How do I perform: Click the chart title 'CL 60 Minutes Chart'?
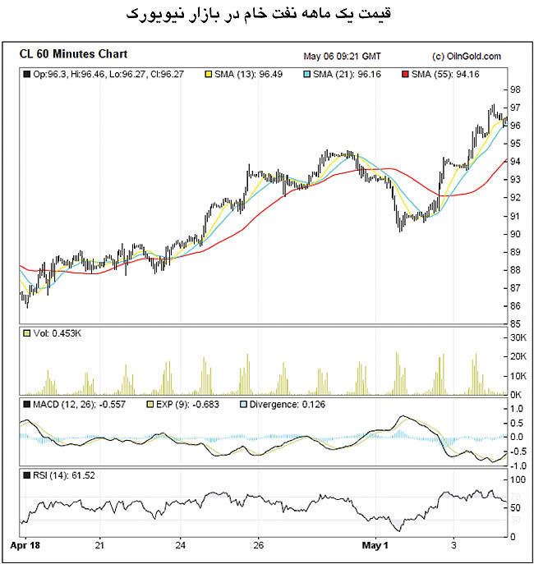[x=73, y=55]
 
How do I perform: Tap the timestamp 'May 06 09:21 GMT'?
[x=342, y=57]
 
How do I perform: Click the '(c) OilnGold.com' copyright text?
[x=466, y=57]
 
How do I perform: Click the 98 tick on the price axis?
[x=514, y=89]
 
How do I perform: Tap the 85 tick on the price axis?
[x=514, y=323]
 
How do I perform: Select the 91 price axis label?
[x=514, y=216]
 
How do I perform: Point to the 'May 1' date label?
[x=375, y=544]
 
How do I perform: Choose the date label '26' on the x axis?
[x=257, y=544]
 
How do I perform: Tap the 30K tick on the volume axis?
[x=518, y=337]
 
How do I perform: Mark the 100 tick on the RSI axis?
[x=517, y=479]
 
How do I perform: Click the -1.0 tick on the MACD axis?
[x=518, y=465]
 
